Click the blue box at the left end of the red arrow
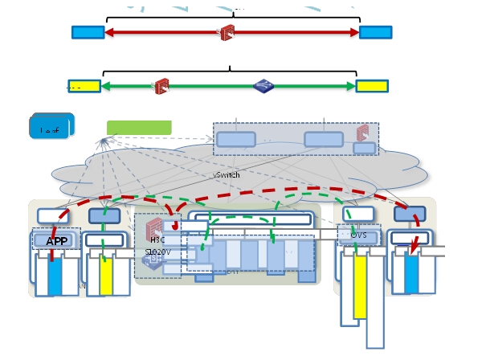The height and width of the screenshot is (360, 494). [x=88, y=32]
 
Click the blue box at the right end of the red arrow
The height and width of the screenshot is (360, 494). [x=375, y=32]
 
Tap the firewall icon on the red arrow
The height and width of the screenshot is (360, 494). [x=227, y=33]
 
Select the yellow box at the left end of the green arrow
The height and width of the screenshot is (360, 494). [x=84, y=86]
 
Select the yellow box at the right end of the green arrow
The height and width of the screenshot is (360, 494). [x=371, y=86]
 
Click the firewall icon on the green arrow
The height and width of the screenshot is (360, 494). [x=161, y=86]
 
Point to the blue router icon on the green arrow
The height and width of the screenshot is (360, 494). [x=263, y=86]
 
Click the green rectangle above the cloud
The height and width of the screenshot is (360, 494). [x=139, y=128]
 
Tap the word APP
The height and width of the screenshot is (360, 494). [x=57, y=241]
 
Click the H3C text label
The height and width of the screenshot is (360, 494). [x=157, y=239]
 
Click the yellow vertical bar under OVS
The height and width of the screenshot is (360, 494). [x=360, y=287]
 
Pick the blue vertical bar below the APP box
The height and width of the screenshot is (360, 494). [x=55, y=276]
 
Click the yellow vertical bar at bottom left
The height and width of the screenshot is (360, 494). [x=106, y=276]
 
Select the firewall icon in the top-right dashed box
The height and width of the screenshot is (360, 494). [x=362, y=133]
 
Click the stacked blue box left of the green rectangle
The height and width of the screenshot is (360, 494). [x=51, y=126]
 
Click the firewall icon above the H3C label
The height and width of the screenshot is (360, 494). [x=155, y=227]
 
